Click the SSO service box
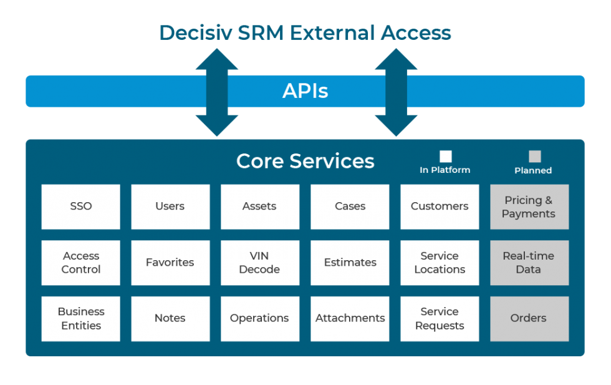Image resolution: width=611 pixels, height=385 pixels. tap(81, 207)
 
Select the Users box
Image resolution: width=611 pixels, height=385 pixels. tap(170, 207)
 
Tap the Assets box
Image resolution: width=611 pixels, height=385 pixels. tap(259, 207)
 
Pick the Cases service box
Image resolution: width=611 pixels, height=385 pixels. tap(350, 207)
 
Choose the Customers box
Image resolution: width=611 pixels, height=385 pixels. tap(440, 207)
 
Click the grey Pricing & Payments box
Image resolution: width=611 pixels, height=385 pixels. tap(529, 207)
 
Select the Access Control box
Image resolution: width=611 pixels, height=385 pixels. tap(81, 263)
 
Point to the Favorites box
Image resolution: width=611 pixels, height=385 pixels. tap(170, 263)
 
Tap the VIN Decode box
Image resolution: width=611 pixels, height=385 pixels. tap(259, 263)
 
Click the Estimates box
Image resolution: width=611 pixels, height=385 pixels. tap(350, 263)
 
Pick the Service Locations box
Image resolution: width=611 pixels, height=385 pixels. tap(440, 263)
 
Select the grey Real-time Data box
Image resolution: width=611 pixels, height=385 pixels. tap(529, 263)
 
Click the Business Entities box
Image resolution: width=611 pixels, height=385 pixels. tap(81, 318)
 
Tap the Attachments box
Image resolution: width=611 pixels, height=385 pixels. tap(350, 318)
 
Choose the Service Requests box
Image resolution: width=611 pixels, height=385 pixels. tap(440, 318)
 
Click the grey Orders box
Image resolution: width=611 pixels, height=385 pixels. tap(529, 318)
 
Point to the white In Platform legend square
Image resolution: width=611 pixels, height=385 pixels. tap(445, 157)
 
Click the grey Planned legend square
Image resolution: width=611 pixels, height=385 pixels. tap(534, 157)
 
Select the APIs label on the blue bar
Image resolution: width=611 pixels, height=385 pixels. tap(305, 91)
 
